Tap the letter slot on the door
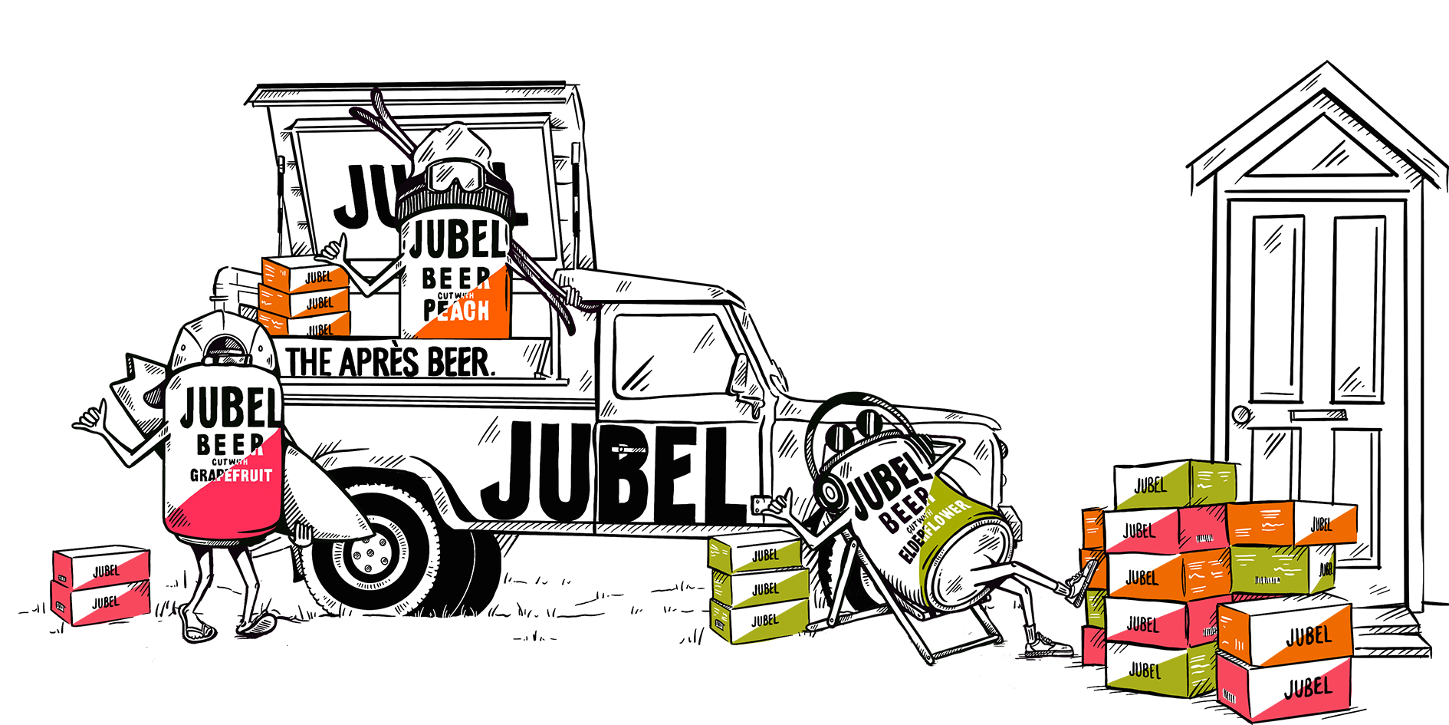[x=1318, y=415]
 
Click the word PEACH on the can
[x=456, y=311]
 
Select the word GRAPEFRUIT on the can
[x=231, y=476]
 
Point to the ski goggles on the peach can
[x=455, y=175]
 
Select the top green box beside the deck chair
[x=755, y=554]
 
